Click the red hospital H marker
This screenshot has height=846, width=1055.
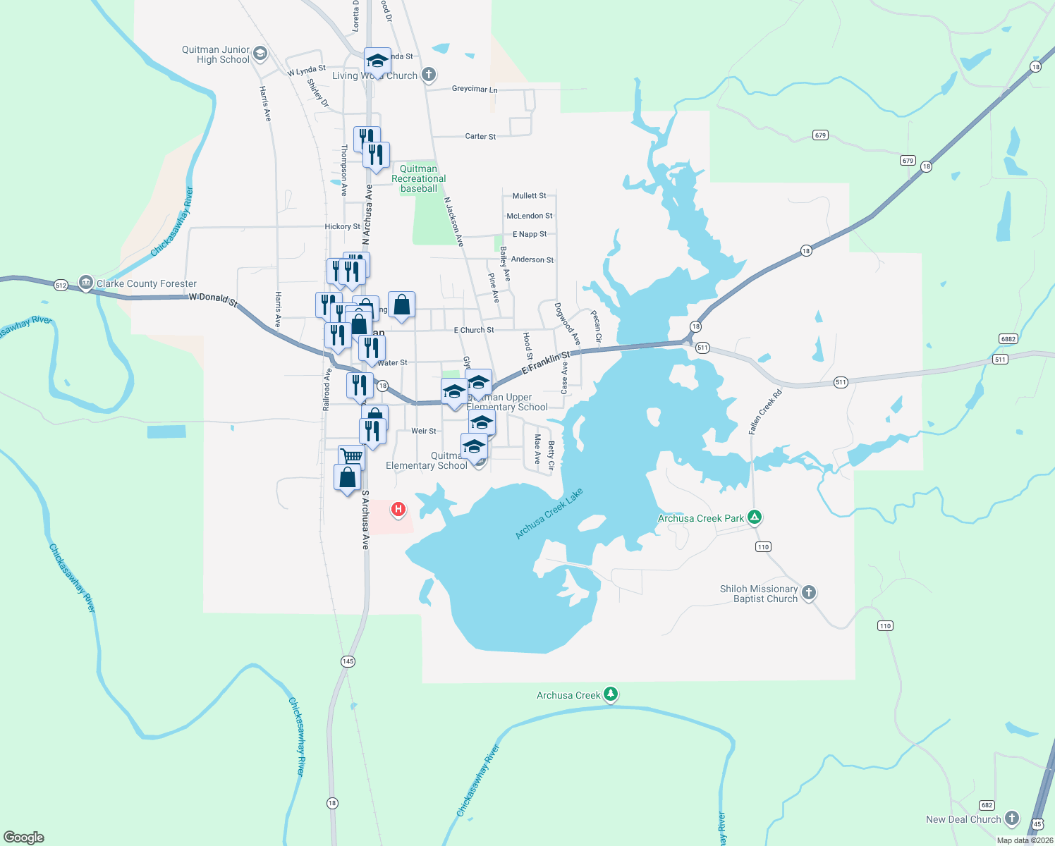pos(398,509)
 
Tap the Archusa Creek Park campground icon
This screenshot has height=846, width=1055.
pos(755,517)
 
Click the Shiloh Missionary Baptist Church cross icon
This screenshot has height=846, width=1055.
pos(809,593)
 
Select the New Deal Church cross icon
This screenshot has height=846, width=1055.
pos(1012,819)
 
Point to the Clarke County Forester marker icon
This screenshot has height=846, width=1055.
pos(86,283)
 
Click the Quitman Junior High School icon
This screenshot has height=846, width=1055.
pos(260,54)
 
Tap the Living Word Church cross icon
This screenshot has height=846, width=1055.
pos(428,75)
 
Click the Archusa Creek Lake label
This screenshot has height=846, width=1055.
pos(549,514)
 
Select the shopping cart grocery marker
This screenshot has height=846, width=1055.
pos(351,457)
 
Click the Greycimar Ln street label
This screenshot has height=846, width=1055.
pos(475,90)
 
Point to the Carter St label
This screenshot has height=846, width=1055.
pos(480,136)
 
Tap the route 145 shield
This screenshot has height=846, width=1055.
pos(348,661)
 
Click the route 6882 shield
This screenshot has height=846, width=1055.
pos(1008,339)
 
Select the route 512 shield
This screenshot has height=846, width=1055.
pos(61,285)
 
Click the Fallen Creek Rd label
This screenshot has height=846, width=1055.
pos(765,412)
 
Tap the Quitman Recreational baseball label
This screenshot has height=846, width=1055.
pos(419,178)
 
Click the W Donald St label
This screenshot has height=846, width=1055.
pos(213,299)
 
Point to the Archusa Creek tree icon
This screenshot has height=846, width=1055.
pos(611,694)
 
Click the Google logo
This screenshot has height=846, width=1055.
pos(24,838)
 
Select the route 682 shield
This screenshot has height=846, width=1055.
pos(987,805)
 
